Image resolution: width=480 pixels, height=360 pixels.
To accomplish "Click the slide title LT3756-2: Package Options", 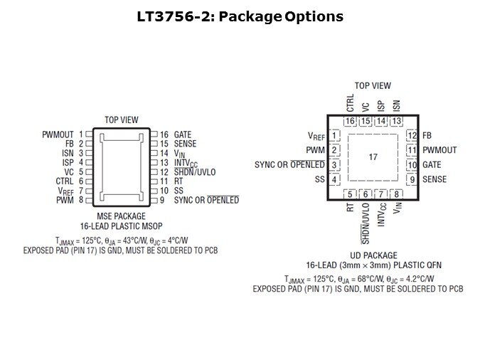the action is (240, 16).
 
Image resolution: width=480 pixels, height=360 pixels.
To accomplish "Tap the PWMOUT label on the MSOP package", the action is (58, 134).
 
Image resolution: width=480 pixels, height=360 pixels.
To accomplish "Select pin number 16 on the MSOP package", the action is (164, 134).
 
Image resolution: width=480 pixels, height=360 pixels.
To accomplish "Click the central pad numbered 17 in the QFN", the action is (373, 157).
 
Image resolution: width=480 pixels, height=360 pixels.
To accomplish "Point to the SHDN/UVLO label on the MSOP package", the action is (195, 172).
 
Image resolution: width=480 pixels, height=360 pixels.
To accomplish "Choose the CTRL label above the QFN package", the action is (350, 103).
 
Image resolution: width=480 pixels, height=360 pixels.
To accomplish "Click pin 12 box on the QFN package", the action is (412, 135).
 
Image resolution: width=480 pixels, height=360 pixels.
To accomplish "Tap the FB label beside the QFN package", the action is (427, 135).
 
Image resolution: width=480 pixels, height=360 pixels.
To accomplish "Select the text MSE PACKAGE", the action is (121, 216).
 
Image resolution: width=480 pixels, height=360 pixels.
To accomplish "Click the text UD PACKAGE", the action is (373, 255).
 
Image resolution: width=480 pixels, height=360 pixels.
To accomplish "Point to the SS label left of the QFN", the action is (319, 179).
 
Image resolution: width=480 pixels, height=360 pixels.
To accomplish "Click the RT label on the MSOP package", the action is (178, 181).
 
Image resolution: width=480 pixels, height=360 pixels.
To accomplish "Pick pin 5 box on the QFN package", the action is (350, 194).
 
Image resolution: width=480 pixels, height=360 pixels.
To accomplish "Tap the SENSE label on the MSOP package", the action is (185, 144).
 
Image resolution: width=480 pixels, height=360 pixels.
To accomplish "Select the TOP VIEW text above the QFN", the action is (373, 86).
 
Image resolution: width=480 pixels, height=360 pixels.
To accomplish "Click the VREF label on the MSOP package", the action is (66, 191).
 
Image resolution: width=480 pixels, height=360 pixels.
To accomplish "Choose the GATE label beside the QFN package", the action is (432, 165).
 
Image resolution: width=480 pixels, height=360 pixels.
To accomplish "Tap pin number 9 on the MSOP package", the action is (162, 200).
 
